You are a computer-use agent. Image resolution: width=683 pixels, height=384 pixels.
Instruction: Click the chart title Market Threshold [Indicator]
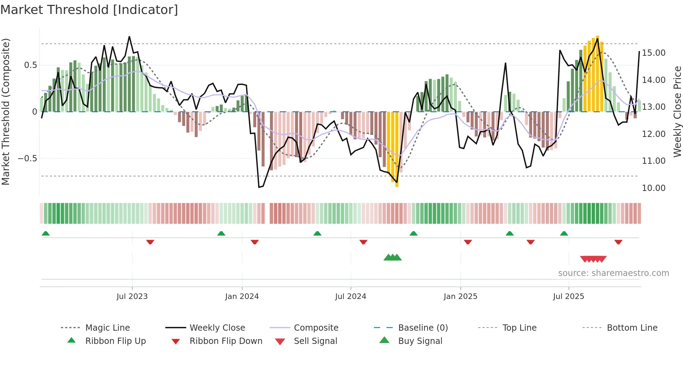[89, 10]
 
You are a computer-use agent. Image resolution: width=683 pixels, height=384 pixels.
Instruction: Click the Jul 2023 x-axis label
[132, 296]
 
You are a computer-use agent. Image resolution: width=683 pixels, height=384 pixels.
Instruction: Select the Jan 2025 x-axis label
[460, 296]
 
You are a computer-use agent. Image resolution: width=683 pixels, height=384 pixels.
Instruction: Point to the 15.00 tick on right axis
[653, 53]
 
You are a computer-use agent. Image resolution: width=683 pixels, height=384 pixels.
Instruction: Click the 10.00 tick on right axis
[653, 188]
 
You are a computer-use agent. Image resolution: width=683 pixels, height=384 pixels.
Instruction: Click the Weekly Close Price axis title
[677, 112]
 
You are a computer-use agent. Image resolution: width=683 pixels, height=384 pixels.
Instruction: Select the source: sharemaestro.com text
[613, 273]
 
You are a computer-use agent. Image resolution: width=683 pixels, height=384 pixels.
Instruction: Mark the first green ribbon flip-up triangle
[46, 233]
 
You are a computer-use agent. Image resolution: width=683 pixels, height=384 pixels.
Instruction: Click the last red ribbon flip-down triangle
[618, 242]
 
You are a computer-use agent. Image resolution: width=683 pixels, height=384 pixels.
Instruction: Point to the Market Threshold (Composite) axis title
[6, 112]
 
